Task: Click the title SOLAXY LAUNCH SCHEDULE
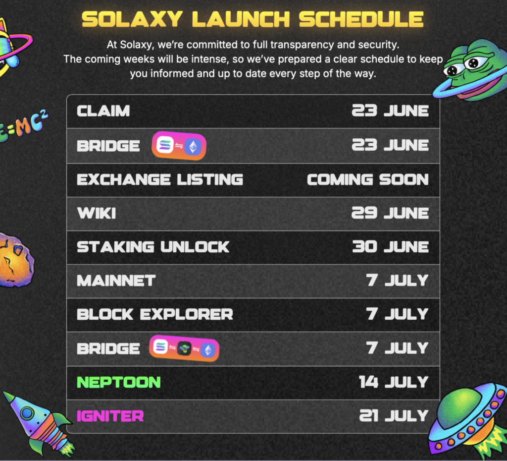[x=253, y=19]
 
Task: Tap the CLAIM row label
[x=103, y=111]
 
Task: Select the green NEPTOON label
[x=119, y=382]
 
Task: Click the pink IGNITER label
[x=110, y=416]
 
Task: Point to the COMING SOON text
[x=367, y=179]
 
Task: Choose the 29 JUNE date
[x=390, y=213]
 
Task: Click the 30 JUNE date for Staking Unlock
[x=390, y=247]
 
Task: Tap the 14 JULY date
[x=394, y=382]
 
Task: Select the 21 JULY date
[x=394, y=416]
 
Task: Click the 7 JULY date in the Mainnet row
[x=397, y=281]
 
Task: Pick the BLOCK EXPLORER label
[x=154, y=314]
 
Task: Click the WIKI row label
[x=96, y=213]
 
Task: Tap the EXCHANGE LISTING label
[x=159, y=179]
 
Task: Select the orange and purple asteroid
[x=15, y=260]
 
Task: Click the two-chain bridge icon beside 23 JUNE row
[x=179, y=146]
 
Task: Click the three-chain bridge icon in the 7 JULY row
[x=184, y=348]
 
